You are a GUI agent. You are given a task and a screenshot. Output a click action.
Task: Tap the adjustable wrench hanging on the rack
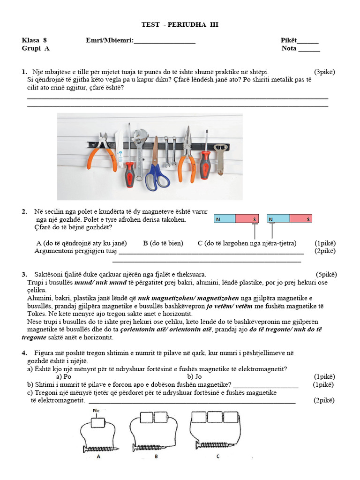139,150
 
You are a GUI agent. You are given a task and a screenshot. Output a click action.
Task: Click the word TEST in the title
150,25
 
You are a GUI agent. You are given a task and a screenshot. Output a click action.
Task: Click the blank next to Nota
309,49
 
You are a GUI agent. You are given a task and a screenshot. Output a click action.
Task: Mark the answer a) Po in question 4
63,376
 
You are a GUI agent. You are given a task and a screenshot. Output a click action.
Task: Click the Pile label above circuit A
97,411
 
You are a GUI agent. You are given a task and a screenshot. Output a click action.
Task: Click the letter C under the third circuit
218,456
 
